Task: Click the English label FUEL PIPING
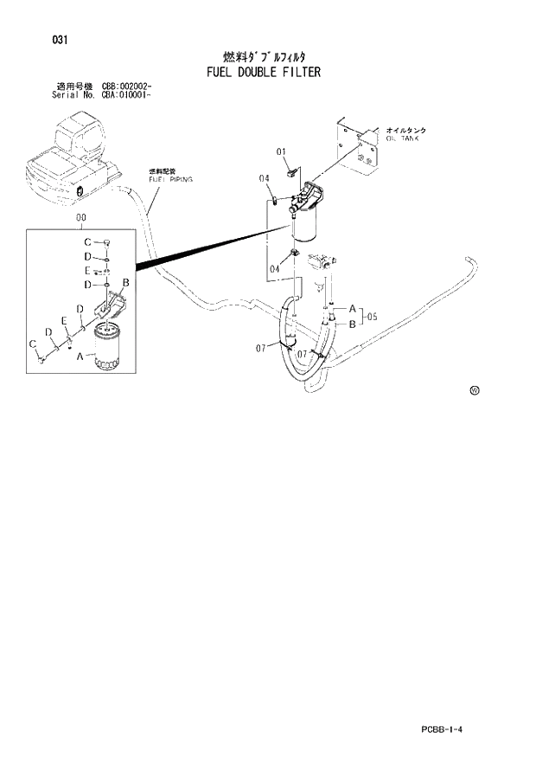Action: [x=169, y=178]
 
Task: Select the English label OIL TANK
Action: [x=399, y=138]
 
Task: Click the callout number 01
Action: [x=282, y=152]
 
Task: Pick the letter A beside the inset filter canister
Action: [x=80, y=355]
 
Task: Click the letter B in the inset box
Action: [x=126, y=283]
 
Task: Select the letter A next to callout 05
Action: [x=352, y=306]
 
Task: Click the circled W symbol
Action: [x=475, y=391]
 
